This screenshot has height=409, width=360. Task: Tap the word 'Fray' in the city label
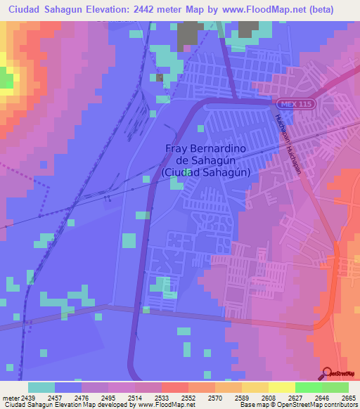tap(177, 148)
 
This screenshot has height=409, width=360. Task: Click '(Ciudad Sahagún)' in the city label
tap(207, 171)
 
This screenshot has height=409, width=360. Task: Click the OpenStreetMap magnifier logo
tap(328, 373)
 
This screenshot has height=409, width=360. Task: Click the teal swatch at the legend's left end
tap(41, 387)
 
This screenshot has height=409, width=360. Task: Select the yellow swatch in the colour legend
tap(281, 387)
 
